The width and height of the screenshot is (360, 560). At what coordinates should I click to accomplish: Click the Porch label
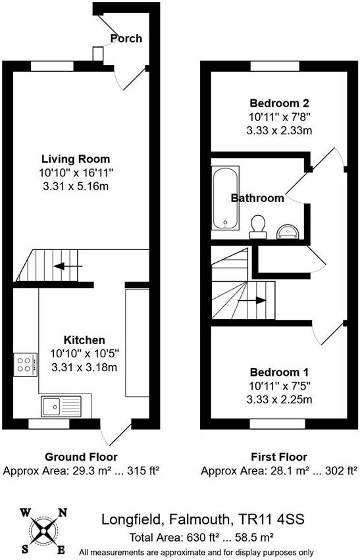126,38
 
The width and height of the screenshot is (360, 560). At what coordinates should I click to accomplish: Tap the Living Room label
76,159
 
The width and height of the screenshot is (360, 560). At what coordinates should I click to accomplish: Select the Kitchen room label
84,340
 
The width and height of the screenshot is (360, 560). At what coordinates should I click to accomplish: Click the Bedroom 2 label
279,103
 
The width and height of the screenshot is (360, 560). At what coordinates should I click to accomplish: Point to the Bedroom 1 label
279,372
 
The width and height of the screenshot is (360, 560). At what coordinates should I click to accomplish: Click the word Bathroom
257,197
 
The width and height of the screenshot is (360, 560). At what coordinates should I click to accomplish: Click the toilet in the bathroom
259,226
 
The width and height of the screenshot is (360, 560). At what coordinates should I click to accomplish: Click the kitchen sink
61,406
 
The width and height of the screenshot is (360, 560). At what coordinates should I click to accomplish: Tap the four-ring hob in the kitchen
24,364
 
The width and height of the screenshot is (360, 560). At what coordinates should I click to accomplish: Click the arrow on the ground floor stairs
68,267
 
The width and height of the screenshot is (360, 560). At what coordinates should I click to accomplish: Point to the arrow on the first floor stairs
252,300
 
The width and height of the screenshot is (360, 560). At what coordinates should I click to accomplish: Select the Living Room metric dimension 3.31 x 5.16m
76,187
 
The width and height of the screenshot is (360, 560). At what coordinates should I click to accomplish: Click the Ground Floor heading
81,457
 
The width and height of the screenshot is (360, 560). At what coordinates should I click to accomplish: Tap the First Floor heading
279,457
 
